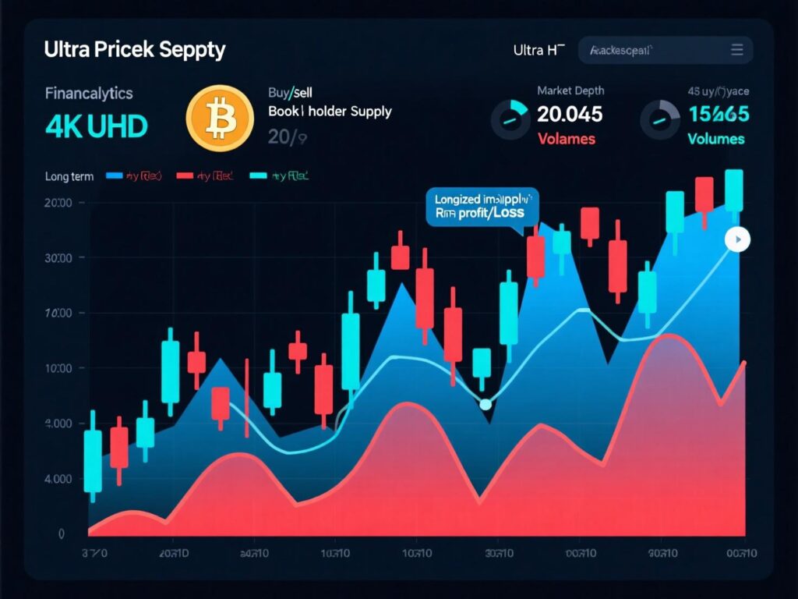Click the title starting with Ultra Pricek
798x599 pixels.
pyautogui.click(x=135, y=50)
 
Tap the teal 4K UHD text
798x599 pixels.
pyautogui.click(x=96, y=126)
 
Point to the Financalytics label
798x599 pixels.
pyautogui.click(x=89, y=94)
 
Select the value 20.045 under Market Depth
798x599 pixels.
pyautogui.click(x=570, y=115)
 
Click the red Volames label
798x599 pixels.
pyautogui.click(x=567, y=140)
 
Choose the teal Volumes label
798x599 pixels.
pyautogui.click(x=716, y=140)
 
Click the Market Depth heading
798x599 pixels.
pyautogui.click(x=570, y=91)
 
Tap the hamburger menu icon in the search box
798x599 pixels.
pyautogui.click(x=736, y=51)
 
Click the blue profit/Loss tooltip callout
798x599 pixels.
pyautogui.click(x=482, y=207)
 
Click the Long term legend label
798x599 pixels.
pyautogui.click(x=69, y=176)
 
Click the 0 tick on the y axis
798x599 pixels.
pyautogui.click(x=61, y=534)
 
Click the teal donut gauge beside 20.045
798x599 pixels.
pyautogui.click(x=510, y=119)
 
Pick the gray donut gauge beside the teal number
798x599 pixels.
pyautogui.click(x=659, y=119)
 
